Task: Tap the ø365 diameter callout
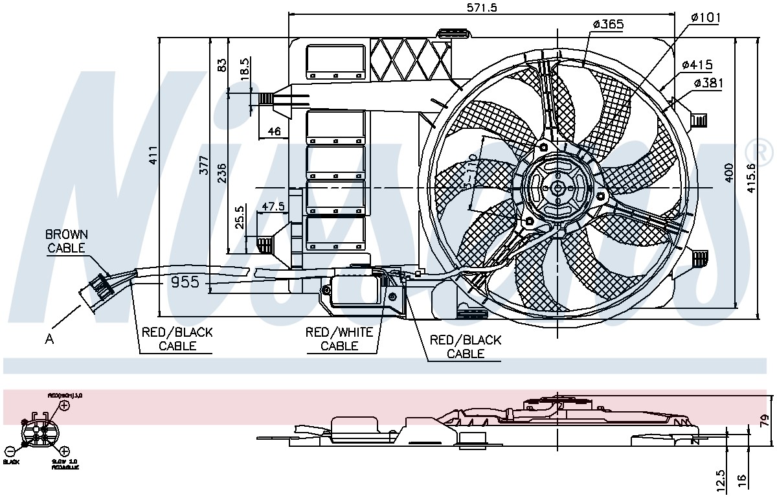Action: tap(608, 25)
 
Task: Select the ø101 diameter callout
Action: tap(705, 17)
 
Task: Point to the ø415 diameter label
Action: tap(697, 65)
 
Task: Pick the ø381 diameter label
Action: tap(708, 83)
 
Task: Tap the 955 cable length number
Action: tap(185, 283)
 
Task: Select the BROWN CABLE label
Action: tap(67, 241)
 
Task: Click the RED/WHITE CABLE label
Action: tap(339, 339)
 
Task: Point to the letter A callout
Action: tap(50, 337)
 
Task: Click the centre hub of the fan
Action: tap(556, 188)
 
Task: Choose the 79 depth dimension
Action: tap(765, 421)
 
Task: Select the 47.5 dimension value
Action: tap(273, 207)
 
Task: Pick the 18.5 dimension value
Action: tap(245, 69)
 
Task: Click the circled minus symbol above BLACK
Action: tap(10, 451)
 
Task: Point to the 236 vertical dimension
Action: tap(221, 174)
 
